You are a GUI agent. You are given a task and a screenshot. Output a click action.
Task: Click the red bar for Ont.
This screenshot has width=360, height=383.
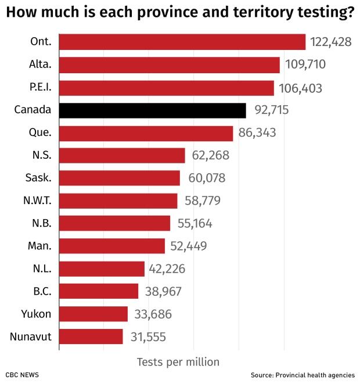182,42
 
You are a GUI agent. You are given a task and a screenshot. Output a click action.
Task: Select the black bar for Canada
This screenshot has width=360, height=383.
153,110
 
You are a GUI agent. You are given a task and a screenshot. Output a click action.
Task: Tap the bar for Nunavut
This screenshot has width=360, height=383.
91,337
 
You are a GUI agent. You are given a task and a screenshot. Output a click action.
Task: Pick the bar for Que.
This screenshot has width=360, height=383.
146,133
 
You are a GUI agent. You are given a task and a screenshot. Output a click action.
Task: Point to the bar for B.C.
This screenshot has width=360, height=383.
99,291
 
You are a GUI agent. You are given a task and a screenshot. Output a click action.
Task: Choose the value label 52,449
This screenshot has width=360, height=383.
188,246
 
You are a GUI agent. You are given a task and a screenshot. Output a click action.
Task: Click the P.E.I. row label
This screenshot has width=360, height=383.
39,87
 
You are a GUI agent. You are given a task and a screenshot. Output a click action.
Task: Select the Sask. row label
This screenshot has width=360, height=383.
39,178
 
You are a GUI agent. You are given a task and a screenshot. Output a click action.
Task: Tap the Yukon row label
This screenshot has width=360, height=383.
37,314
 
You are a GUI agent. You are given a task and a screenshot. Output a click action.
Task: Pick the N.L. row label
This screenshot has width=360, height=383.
42,269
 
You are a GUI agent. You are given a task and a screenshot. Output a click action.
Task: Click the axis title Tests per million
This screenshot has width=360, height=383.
178,362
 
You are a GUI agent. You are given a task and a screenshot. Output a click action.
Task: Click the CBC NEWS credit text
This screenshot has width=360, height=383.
23,375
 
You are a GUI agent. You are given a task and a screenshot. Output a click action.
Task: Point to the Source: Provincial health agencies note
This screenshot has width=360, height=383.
303,375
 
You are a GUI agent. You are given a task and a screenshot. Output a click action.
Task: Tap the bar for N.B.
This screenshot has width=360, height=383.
114,223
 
